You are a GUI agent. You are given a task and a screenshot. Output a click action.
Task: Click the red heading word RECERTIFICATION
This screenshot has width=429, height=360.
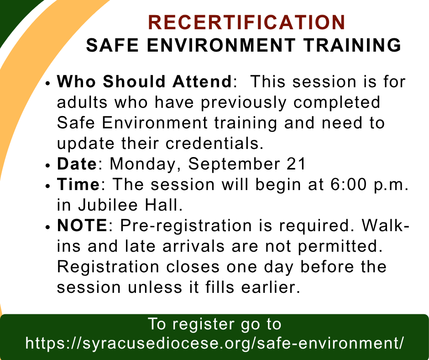coord(247,22)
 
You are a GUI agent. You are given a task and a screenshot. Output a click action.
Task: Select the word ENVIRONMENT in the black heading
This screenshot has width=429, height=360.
coord(221,45)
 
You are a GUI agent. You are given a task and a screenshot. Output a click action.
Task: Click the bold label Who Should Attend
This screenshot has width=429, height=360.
coord(145,81)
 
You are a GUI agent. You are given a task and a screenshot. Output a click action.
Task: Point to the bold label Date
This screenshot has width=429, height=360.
coord(77,164)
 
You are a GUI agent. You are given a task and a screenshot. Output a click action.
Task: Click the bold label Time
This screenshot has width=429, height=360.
coord(78,184)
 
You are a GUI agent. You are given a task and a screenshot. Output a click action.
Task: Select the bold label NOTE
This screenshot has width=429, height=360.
coord(82,226)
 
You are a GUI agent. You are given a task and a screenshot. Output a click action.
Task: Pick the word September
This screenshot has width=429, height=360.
coord(234,164)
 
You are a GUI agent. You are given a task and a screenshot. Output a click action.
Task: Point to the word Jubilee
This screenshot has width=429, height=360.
coord(108,205)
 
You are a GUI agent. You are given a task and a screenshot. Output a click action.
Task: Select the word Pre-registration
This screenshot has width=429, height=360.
coord(186,226)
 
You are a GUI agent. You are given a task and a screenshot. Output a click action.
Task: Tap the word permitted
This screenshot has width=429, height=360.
coord(340,247)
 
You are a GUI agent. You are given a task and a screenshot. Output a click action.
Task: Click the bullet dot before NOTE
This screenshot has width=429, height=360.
coord(48,228)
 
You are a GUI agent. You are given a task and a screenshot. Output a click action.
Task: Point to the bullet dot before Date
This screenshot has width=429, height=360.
coord(48,166)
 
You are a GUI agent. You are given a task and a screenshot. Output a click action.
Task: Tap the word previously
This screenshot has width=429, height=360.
coord(244,103)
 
